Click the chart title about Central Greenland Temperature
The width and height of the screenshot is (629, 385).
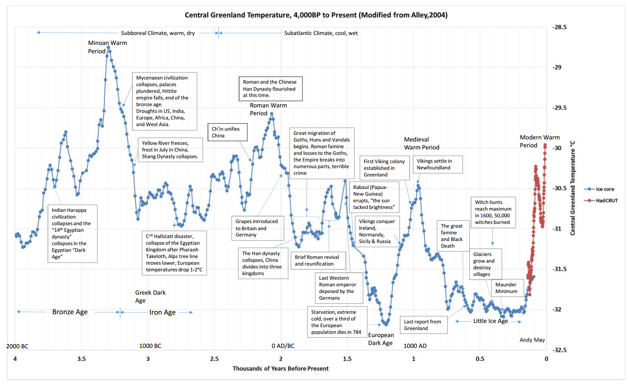(316, 15)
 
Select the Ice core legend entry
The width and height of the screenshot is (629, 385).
(604, 189)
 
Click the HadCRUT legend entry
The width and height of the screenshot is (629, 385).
(606, 201)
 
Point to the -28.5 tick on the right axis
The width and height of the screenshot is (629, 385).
(559, 27)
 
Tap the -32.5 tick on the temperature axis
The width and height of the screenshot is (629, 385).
(559, 350)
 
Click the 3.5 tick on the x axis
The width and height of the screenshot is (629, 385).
(81, 359)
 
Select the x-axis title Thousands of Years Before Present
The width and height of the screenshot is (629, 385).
(280, 368)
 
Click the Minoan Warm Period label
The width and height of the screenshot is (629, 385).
(107, 47)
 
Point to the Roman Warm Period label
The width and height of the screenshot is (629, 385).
(268, 109)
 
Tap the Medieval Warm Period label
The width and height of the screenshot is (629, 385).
(421, 143)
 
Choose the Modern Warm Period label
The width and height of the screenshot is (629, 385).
(539, 141)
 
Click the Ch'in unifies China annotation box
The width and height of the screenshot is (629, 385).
(227, 132)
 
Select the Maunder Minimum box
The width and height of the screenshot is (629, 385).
(506, 288)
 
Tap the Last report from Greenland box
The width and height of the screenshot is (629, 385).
(423, 325)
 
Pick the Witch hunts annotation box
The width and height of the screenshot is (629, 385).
(493, 212)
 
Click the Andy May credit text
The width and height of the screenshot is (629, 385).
(532, 340)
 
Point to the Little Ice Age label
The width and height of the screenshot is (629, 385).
(490, 321)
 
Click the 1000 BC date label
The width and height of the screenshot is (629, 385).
(150, 346)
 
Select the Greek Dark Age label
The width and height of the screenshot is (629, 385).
(150, 296)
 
